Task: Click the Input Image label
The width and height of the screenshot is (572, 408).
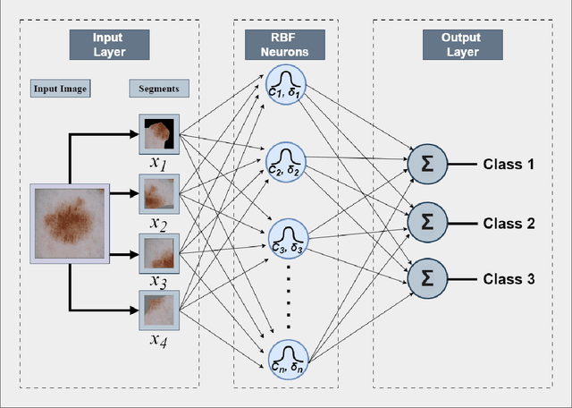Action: click(59, 89)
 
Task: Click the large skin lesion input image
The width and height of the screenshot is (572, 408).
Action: click(70, 224)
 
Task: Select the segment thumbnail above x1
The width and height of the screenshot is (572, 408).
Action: click(159, 134)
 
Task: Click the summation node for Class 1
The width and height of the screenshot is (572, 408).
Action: click(427, 165)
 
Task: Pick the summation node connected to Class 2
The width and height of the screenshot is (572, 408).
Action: click(427, 222)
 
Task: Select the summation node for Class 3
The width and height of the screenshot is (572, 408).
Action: click(427, 279)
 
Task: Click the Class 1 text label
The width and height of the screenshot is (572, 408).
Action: click(509, 165)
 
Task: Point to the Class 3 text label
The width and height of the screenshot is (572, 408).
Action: click(509, 279)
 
